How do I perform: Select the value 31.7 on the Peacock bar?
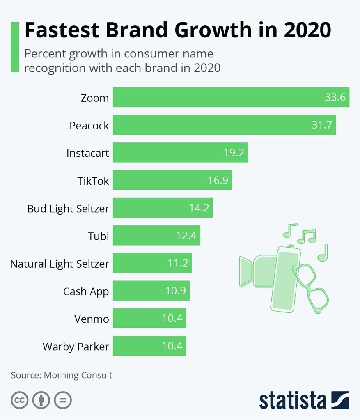[321, 125]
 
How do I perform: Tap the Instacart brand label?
[87, 153]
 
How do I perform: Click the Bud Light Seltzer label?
[68, 209]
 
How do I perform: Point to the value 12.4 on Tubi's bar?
[186, 236]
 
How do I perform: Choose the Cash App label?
[86, 291]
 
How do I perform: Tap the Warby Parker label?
[76, 347]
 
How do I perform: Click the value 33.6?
[335, 98]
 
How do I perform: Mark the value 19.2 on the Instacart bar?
[234, 153]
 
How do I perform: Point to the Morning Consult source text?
[78, 375]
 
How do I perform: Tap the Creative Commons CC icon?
[20, 400]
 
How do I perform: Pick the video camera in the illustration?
[255, 271]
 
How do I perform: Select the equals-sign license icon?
[63, 400]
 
